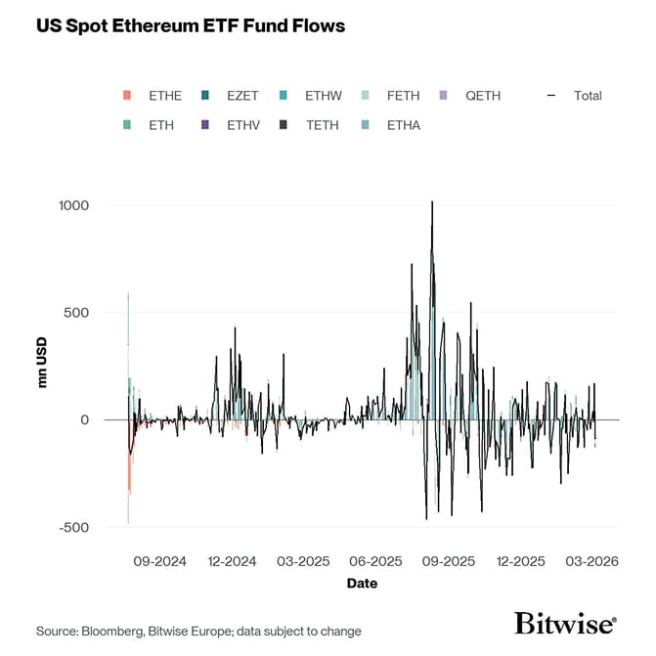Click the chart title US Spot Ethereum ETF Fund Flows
[x=191, y=26]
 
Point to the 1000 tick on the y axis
[x=73, y=205]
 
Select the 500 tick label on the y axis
[x=77, y=313]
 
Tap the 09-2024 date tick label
[x=159, y=562]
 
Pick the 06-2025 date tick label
[x=376, y=562]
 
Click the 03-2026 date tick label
[x=591, y=562]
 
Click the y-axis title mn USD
[x=43, y=366]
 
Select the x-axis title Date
[x=362, y=584]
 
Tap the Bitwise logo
[x=565, y=624]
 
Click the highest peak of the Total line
[x=432, y=202]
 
